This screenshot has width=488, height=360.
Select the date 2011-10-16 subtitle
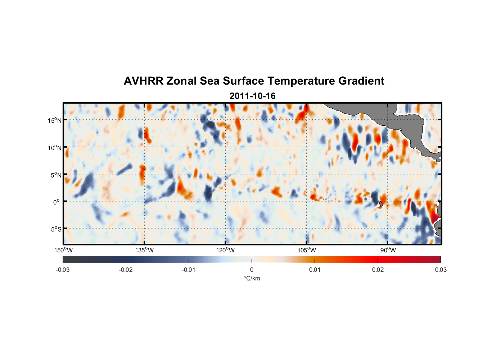252,96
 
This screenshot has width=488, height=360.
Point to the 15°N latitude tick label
55,120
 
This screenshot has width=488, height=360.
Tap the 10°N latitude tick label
55,148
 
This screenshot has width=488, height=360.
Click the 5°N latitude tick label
56,175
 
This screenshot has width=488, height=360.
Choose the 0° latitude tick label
57,202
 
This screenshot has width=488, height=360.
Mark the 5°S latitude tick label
56,229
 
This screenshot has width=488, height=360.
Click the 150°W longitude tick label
63,250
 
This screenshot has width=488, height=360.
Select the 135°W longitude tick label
144,250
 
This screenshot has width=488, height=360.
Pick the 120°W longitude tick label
225,250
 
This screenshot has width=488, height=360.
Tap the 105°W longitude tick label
307,250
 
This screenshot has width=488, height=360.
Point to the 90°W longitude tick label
388,250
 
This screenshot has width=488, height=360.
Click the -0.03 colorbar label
63,270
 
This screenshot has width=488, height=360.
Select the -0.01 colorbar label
189,270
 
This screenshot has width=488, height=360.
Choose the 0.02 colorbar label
378,270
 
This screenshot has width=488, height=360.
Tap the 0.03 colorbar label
440,270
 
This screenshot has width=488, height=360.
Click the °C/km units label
252,278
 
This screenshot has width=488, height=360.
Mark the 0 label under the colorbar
252,270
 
